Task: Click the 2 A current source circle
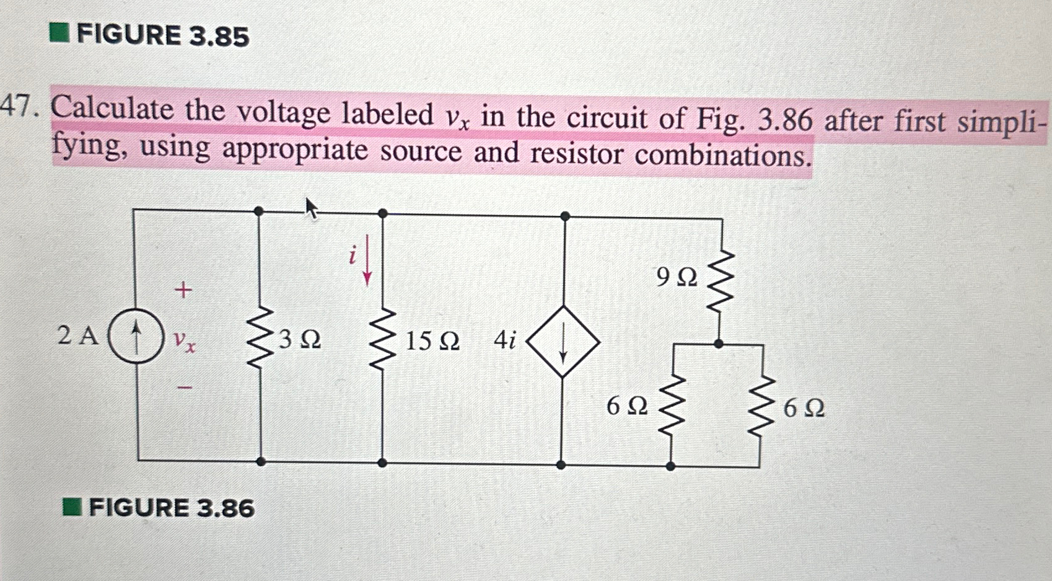(x=136, y=335)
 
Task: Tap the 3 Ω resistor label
(x=300, y=340)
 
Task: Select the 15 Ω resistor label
(x=432, y=341)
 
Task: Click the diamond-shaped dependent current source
(x=563, y=342)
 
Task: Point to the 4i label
(x=504, y=340)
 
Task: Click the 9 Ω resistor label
(x=677, y=277)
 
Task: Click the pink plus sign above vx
(x=183, y=289)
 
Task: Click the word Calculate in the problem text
(x=112, y=109)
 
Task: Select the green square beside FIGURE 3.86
(x=72, y=507)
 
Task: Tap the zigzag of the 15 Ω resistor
(x=382, y=340)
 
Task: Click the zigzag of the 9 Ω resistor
(x=720, y=282)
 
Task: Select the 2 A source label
(x=77, y=335)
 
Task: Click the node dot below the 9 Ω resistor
(x=718, y=343)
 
